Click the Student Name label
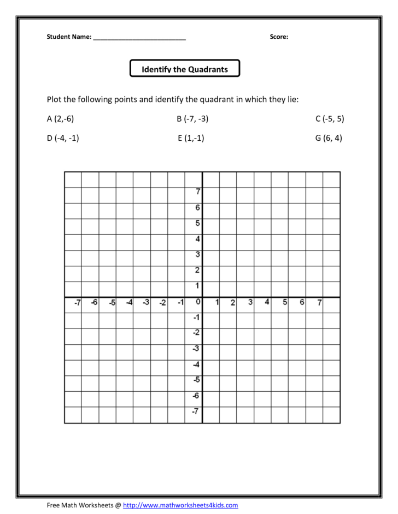coord(69,37)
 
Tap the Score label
coord(279,37)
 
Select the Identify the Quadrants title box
coord(185,69)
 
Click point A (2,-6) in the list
coord(60,118)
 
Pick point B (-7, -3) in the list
coord(192,118)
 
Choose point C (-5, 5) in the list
coord(330,118)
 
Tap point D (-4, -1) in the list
coord(63,138)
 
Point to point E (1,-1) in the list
coord(191,138)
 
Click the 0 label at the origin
coord(197,302)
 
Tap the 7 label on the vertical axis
coord(198,192)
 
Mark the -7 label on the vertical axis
coord(196,411)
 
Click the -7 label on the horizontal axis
coord(77,302)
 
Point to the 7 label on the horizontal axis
coord(319,302)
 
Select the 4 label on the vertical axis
coord(198,238)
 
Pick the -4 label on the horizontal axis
coord(128,302)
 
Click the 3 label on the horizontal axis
coord(250,302)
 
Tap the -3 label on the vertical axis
coord(196,349)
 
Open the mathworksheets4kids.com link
coord(180,505)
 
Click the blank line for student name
coord(139,38)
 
